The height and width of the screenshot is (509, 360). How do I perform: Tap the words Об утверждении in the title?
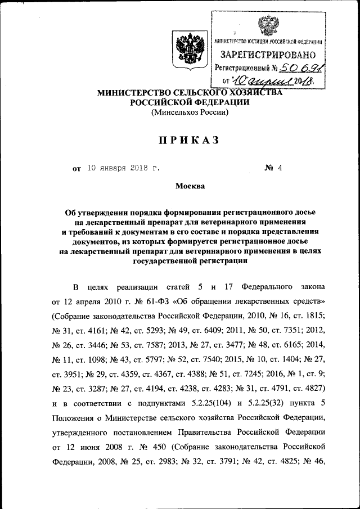[x=95, y=214]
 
